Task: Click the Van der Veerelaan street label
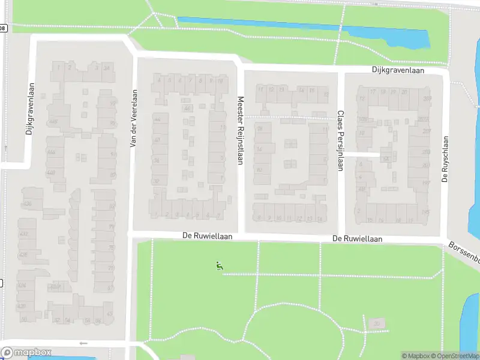click(x=134, y=118)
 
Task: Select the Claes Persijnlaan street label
click(x=340, y=140)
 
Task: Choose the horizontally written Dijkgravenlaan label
click(x=397, y=70)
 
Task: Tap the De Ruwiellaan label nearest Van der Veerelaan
click(x=207, y=237)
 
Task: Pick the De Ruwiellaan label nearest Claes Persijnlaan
click(x=358, y=239)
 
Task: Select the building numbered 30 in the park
click(x=377, y=324)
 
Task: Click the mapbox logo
click(x=26, y=353)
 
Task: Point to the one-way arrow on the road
click(x=83, y=343)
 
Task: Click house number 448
click(x=51, y=173)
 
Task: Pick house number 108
click(x=362, y=119)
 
